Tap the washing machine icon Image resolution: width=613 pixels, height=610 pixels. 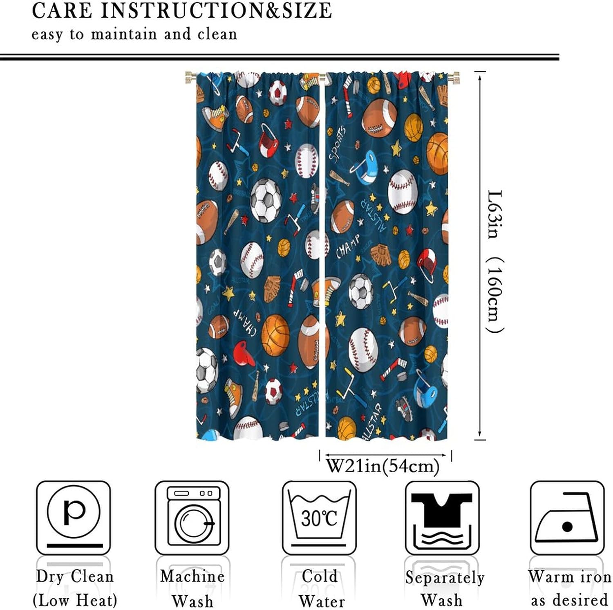(192, 517)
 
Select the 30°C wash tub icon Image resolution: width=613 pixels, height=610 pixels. (319, 517)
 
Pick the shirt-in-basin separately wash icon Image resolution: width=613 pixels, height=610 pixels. (442, 518)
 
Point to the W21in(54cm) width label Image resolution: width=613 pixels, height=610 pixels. (383, 466)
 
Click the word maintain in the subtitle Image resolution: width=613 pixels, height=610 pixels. (123, 34)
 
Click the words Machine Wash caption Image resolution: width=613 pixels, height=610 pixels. (192, 588)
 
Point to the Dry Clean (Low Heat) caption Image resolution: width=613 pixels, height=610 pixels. (75, 588)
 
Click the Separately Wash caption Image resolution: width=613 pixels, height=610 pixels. (445, 588)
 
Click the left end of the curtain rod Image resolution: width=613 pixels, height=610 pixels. (189, 77)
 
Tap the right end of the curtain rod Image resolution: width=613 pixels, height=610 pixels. (455, 77)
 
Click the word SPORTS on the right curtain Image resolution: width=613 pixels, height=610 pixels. (338, 144)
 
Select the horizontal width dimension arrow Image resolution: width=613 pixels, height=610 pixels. (385, 455)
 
